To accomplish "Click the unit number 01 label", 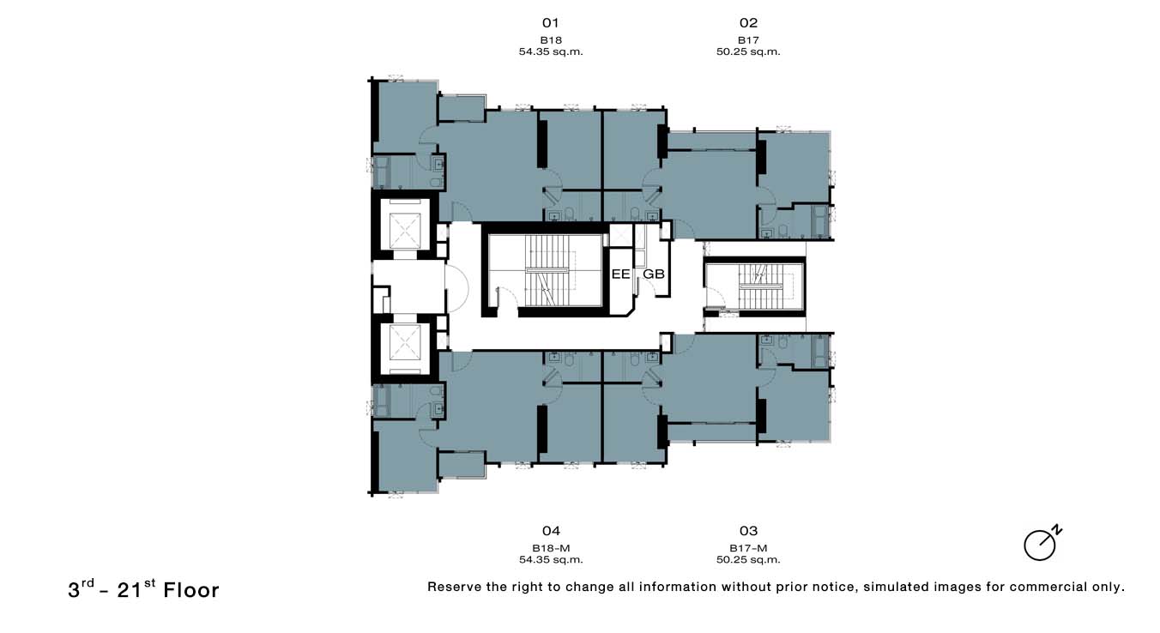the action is [x=551, y=23].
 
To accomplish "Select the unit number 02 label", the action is [x=748, y=23].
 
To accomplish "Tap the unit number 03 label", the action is [x=748, y=531].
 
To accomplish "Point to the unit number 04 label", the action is [x=551, y=531].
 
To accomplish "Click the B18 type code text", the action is [x=551, y=39].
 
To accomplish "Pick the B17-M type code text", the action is [x=748, y=548].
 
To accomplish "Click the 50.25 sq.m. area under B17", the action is [x=748, y=51].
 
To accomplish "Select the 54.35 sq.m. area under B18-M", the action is [x=551, y=559].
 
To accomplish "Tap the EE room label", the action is [x=620, y=274].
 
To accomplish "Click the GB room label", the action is [x=654, y=274].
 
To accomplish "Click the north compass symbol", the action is [x=1042, y=544].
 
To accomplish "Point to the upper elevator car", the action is [x=406, y=229].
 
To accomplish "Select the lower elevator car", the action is [x=406, y=344].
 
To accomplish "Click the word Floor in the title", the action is [x=191, y=590].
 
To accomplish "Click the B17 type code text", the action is [x=748, y=39].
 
